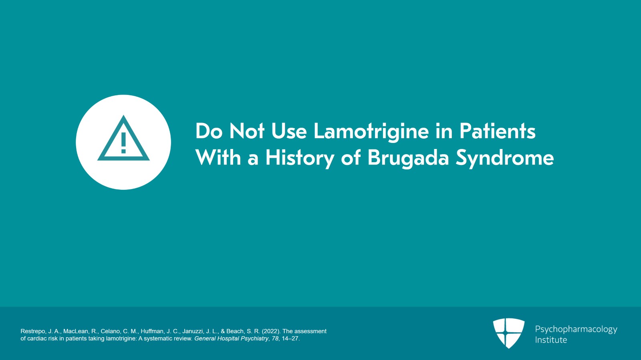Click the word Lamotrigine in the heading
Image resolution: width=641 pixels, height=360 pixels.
pyautogui.click(x=371, y=132)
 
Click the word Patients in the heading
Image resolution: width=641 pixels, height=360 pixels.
pyautogui.click(x=497, y=131)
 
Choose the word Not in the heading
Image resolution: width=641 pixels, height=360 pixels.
pyautogui.click(x=247, y=131)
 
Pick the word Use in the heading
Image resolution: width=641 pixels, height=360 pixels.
pyautogui.click(x=289, y=131)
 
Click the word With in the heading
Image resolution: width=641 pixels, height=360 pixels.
pyautogui.click(x=218, y=158)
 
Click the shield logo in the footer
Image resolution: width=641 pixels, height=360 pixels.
pyautogui.click(x=508, y=333)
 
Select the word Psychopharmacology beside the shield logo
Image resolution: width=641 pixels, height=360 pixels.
pyautogui.click(x=576, y=329)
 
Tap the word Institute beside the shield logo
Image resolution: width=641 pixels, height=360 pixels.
pyautogui.click(x=551, y=340)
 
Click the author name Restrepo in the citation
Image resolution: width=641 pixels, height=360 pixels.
pyautogui.click(x=33, y=331)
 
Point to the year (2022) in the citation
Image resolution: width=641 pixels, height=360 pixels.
pyautogui.click(x=271, y=331)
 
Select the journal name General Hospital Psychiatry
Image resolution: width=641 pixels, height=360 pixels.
pyautogui.click(x=231, y=338)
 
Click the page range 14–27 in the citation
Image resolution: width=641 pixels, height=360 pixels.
pyautogui.click(x=290, y=338)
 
